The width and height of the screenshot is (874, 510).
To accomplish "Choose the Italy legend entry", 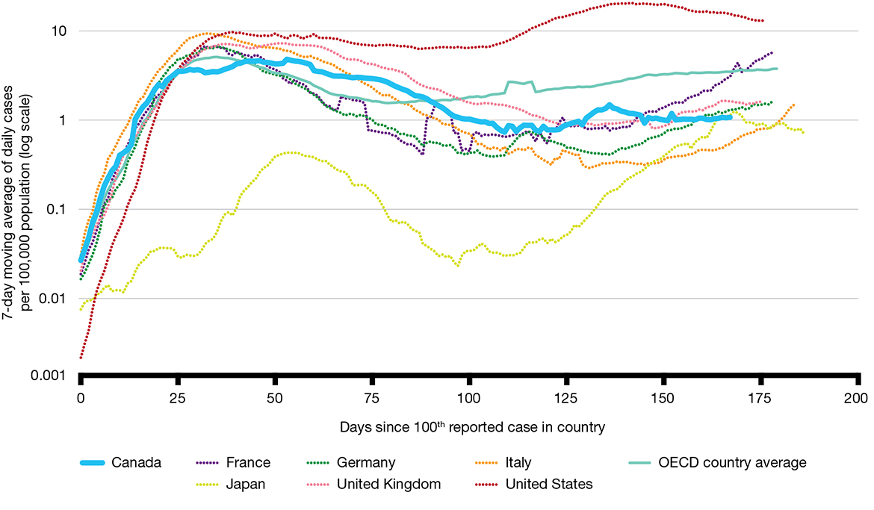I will (518, 463).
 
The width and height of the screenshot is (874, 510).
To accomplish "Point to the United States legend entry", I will (548, 484).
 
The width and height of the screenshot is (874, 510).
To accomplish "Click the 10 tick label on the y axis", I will (59, 31).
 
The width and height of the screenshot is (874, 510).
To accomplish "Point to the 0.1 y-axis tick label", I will (57, 210).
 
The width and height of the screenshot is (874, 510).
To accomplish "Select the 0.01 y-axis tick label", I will (54, 299).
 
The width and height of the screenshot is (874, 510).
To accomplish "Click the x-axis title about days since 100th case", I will (471, 428).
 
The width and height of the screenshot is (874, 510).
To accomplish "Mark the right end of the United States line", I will (762, 21).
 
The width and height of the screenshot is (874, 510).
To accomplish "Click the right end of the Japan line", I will (803, 132).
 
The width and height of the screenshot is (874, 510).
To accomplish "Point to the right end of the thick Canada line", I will (731, 117).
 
